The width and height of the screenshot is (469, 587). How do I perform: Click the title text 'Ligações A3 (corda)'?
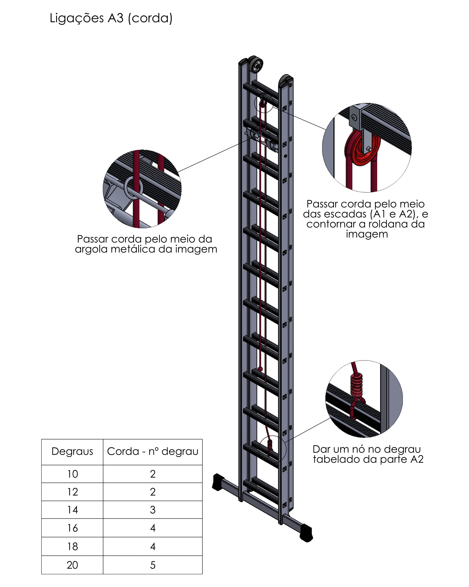click(x=111, y=18)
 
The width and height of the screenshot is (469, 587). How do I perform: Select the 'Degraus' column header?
click(x=72, y=452)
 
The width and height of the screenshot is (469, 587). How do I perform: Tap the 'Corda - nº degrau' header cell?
click(x=152, y=452)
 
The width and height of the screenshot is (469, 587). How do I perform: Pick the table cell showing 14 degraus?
click(x=72, y=510)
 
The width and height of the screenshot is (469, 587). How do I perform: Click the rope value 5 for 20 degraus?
click(x=152, y=565)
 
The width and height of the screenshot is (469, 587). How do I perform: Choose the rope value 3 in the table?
click(x=152, y=510)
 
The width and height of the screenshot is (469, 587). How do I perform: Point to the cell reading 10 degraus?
click(x=72, y=474)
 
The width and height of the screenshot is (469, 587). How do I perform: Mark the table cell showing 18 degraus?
click(x=72, y=546)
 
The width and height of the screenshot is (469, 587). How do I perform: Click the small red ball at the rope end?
click(x=260, y=369)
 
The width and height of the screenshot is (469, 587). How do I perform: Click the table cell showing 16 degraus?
click(x=72, y=528)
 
